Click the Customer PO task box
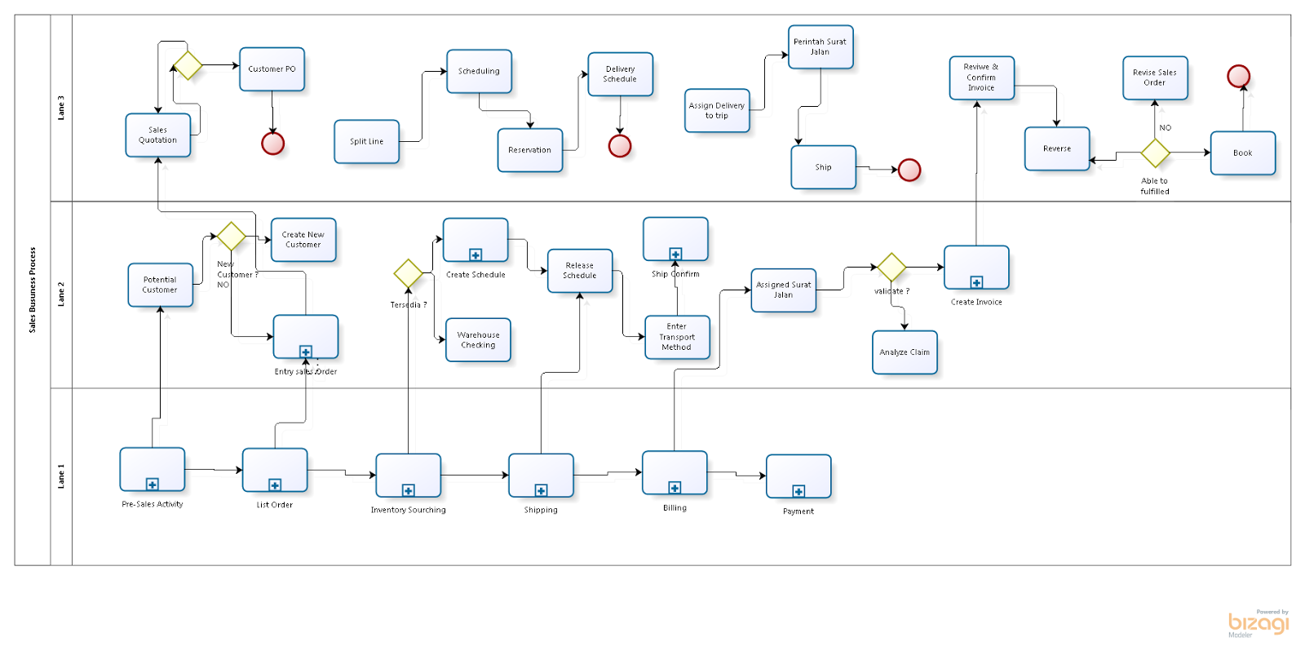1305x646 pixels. (272, 69)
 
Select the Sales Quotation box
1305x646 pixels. (157, 135)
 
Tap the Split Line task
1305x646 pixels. (366, 142)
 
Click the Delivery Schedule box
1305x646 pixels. (620, 74)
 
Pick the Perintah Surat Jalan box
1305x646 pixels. (820, 47)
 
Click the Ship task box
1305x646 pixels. (823, 167)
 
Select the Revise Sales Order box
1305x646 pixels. (1154, 78)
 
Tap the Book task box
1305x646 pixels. (1242, 153)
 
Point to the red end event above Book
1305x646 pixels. (1238, 77)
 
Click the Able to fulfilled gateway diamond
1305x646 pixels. (1155, 153)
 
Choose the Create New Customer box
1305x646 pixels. (303, 240)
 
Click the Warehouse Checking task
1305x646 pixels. (478, 340)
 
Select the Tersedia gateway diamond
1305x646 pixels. (408, 274)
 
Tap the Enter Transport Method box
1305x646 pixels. (676, 337)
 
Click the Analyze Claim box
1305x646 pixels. (905, 352)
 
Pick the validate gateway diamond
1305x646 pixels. (891, 268)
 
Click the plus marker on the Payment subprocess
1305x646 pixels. (798, 491)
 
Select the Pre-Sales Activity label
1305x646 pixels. (153, 504)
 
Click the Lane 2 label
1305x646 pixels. (61, 294)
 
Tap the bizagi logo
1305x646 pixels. (1259, 624)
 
